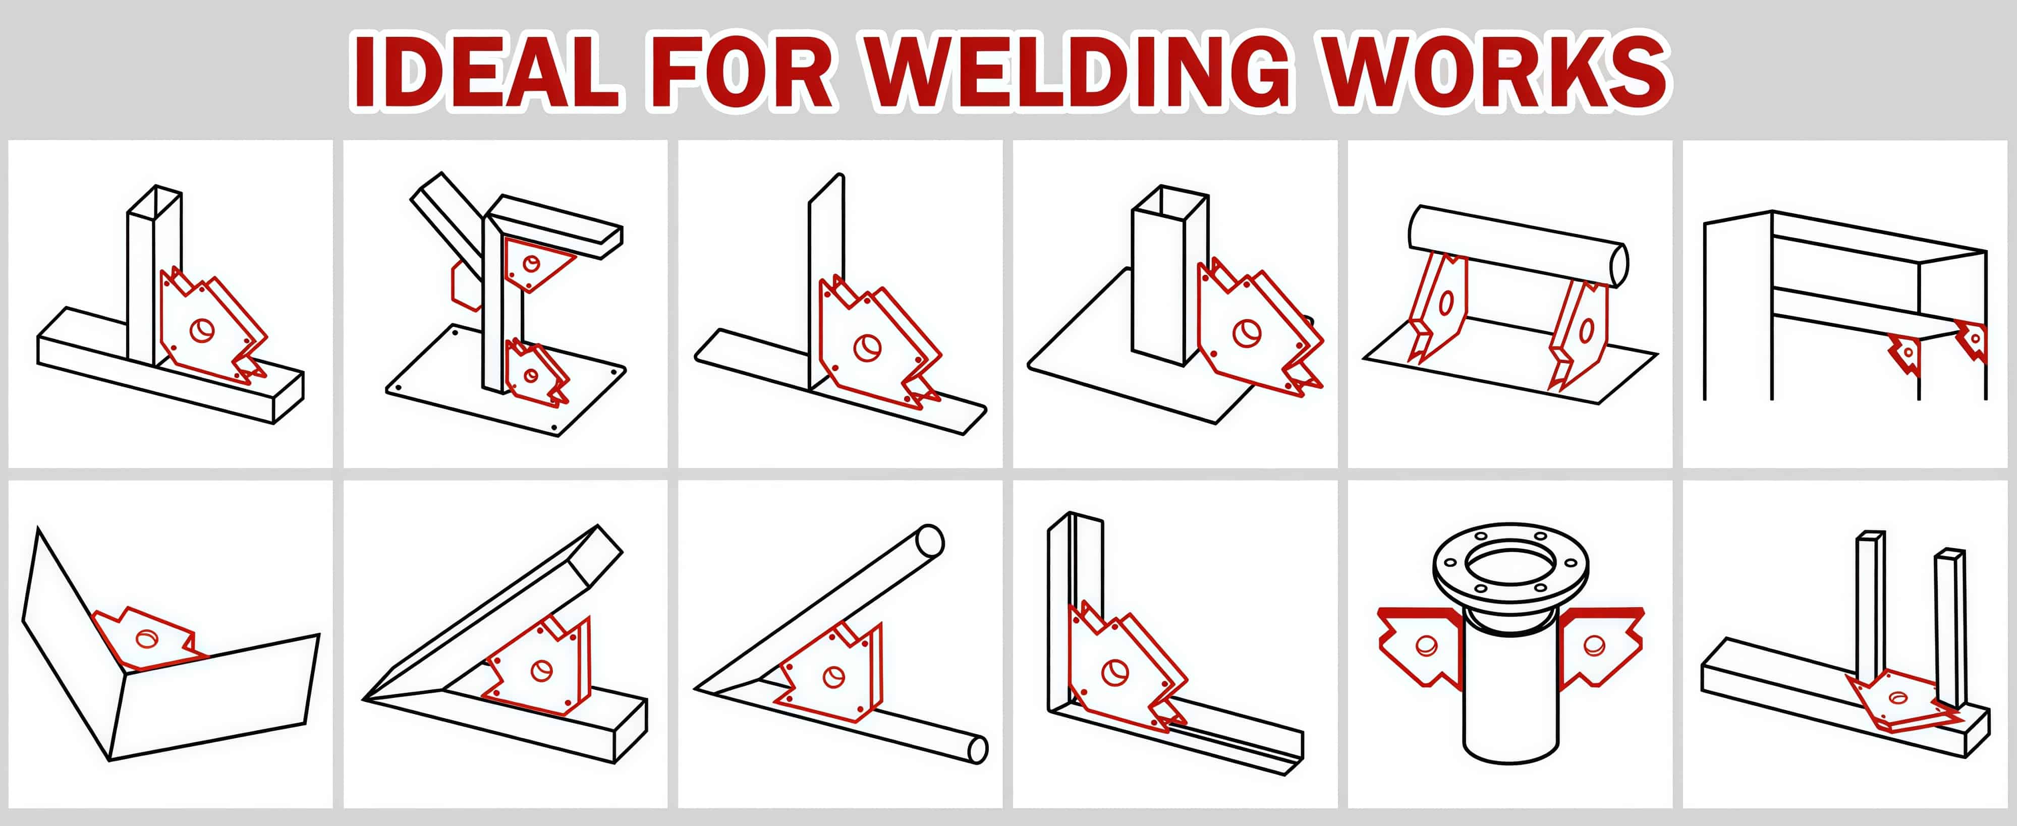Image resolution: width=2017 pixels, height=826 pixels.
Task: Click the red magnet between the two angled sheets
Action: [147, 638]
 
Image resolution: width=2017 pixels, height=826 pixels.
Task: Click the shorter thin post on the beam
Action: [1950, 626]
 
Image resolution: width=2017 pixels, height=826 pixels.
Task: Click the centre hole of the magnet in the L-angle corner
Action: [1114, 672]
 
